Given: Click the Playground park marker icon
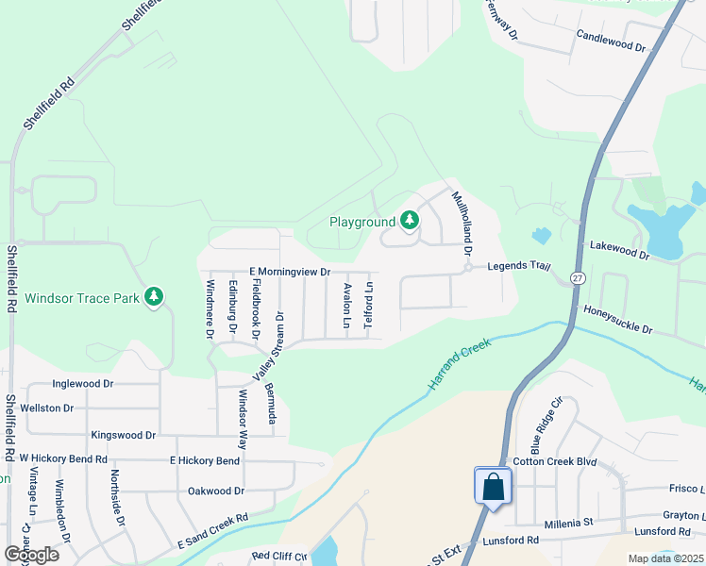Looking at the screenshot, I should [409, 221].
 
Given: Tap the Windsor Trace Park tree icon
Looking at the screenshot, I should [154, 298].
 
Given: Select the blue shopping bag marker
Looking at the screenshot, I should [493, 488].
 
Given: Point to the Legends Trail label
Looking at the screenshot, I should [518, 267].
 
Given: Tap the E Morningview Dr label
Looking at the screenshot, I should [290, 272].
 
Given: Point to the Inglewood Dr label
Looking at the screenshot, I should [83, 384].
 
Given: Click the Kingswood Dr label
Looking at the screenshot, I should [123, 435].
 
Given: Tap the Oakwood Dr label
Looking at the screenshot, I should [216, 491].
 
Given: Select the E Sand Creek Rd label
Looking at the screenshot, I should [212, 532].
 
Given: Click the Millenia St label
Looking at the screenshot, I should [568, 523].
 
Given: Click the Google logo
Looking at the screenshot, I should [31, 554].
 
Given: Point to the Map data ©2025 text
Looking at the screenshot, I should [665, 558].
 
